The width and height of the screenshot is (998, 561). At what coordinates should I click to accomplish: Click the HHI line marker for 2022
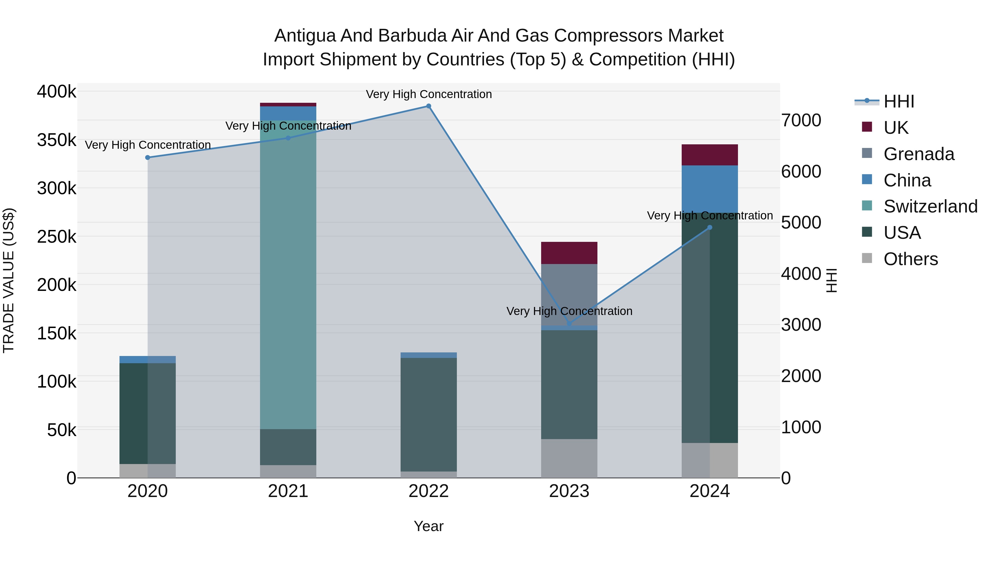coord(429,106)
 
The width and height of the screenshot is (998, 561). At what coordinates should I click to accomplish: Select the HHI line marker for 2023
coord(569,324)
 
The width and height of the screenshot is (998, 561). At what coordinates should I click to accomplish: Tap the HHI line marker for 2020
coord(147,158)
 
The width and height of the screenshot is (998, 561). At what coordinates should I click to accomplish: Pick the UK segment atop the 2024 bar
coord(709,155)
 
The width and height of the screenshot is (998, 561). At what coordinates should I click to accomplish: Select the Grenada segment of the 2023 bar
coord(569,294)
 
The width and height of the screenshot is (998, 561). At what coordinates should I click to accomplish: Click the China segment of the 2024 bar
coord(709,189)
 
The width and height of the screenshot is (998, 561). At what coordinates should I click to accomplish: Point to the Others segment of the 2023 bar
coord(569,458)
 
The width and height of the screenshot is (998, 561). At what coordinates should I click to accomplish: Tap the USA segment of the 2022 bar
coord(429,414)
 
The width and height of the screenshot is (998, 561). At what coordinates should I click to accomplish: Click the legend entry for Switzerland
coord(930,206)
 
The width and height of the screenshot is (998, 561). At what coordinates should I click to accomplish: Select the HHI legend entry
coord(899,101)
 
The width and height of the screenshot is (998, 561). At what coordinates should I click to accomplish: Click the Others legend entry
coord(910,259)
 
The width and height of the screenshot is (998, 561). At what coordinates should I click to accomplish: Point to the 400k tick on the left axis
coord(57,92)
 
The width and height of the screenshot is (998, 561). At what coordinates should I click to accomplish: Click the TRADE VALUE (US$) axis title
coord(9,280)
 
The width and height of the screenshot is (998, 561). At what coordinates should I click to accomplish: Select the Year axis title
coord(429,526)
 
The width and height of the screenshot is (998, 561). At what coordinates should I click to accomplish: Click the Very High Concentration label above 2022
coord(429,94)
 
